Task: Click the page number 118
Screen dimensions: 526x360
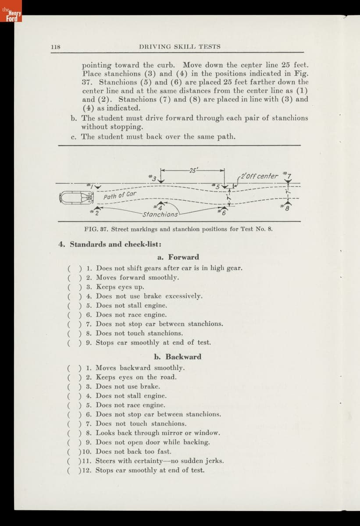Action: click(55, 46)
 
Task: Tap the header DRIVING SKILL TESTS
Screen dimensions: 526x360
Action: click(179, 46)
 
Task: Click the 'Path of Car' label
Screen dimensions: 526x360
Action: click(120, 195)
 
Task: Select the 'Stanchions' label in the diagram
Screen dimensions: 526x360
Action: click(160, 214)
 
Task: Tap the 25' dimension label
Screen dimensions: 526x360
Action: click(193, 170)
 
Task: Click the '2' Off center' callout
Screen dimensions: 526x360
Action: click(259, 176)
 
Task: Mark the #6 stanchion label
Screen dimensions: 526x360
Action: click(224, 213)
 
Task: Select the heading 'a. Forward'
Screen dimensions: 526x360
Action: click(178, 257)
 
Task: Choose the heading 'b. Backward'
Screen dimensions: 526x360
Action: click(178, 356)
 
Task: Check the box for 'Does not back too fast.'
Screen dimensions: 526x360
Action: click(74, 451)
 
